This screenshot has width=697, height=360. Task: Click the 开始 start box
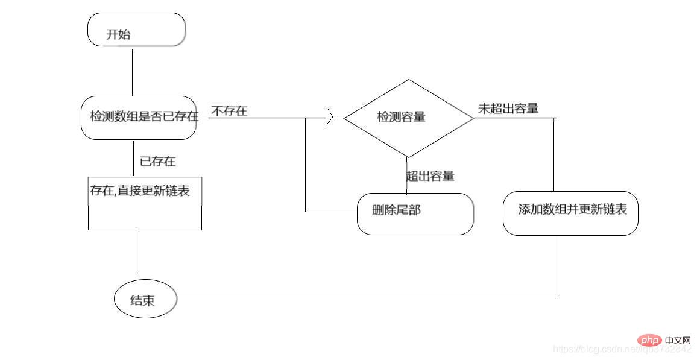point(136,30)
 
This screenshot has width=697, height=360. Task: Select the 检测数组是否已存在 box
point(139,118)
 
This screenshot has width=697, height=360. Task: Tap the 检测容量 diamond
point(408,118)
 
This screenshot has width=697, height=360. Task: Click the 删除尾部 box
point(415,213)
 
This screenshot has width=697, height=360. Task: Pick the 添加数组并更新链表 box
point(570,213)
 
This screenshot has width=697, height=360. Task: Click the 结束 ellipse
point(145,298)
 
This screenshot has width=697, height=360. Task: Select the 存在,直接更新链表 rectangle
point(145,203)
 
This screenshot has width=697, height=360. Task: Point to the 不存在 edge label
point(229,111)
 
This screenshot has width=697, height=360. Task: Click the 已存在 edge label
point(158,162)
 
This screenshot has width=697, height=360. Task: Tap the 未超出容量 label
point(508,109)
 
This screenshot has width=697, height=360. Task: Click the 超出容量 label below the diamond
point(430,176)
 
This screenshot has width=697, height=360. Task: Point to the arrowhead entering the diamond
point(330,118)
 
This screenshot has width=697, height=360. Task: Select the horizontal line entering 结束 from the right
point(362,297)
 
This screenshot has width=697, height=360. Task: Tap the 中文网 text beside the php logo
point(678,341)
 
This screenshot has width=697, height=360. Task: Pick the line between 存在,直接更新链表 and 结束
point(136,251)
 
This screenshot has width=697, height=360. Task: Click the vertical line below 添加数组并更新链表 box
point(556,265)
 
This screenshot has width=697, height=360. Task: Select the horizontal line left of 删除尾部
point(331,212)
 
